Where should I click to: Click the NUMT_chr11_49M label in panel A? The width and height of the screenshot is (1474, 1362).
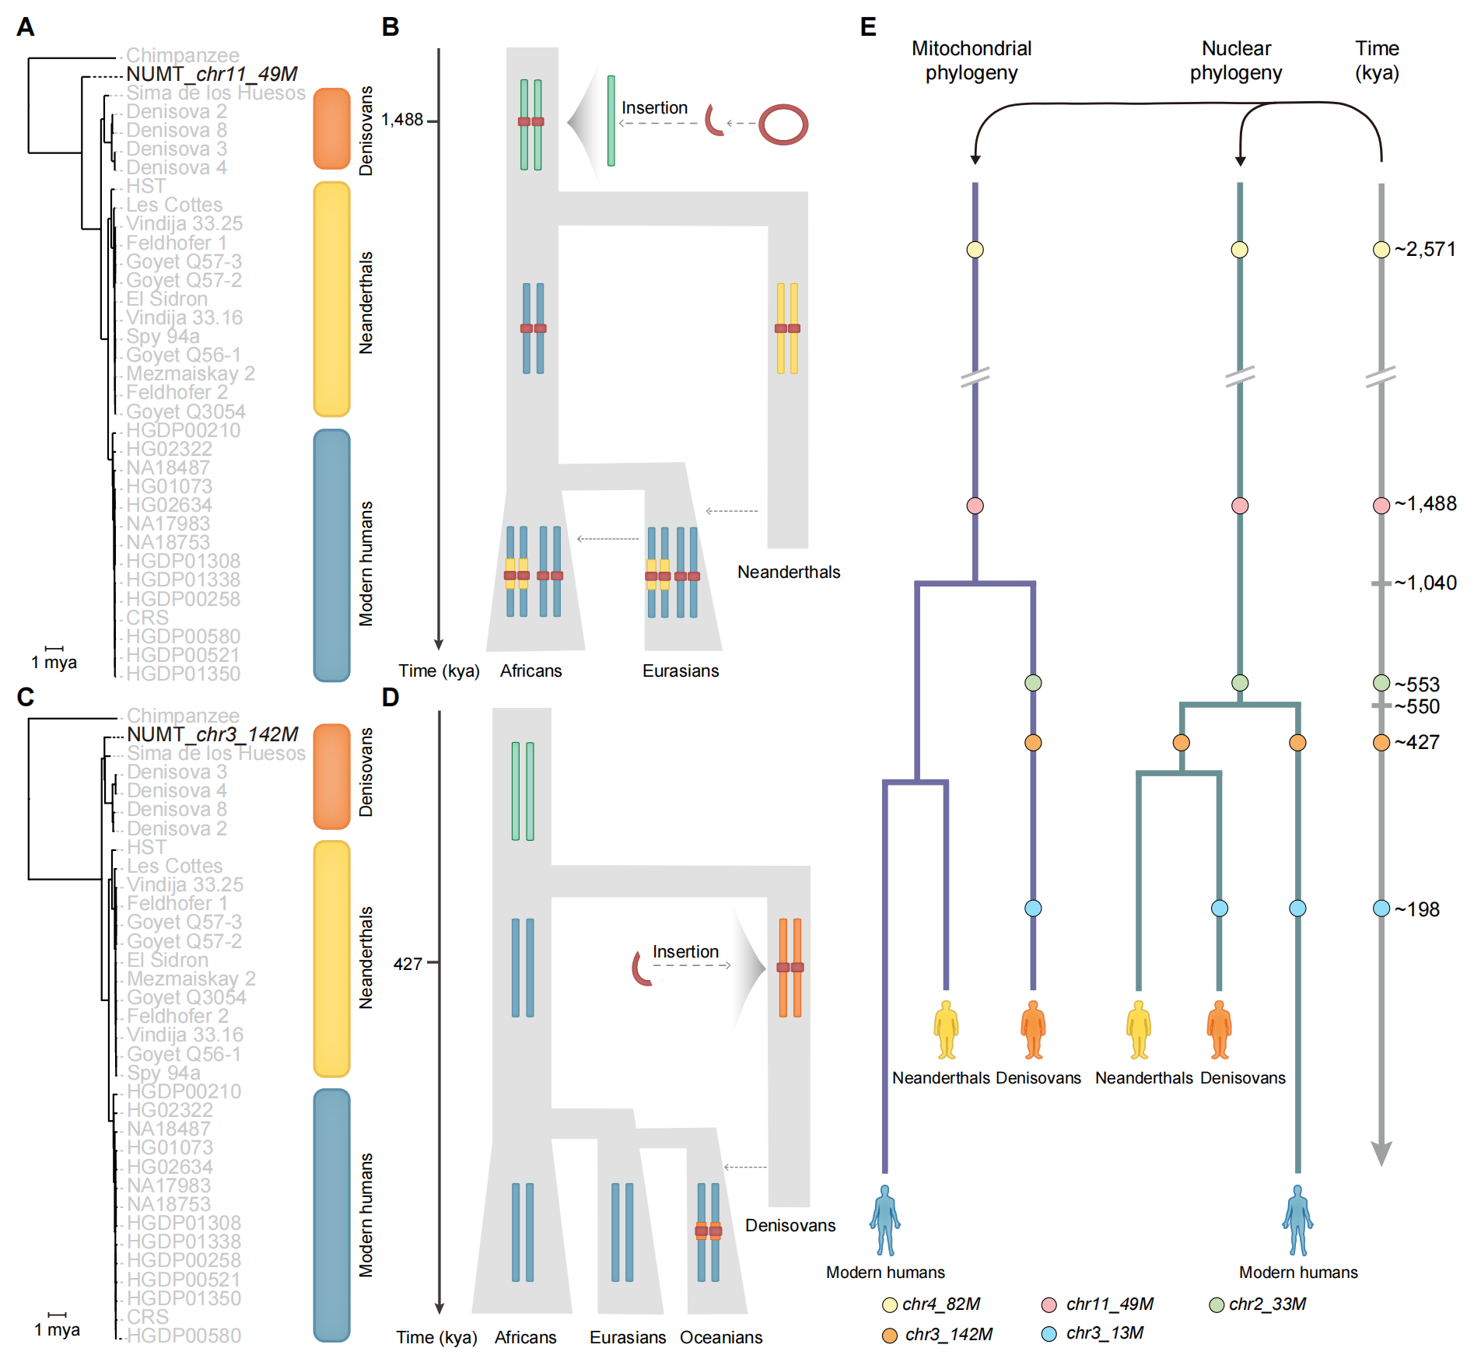click(x=212, y=74)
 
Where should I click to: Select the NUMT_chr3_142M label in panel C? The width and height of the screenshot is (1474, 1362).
click(x=212, y=734)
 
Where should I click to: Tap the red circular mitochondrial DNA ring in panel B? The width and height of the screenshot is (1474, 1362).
click(x=783, y=124)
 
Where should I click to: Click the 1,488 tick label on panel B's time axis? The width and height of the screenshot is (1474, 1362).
click(x=402, y=120)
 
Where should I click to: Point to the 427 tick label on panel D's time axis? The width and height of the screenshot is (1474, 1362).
click(x=408, y=964)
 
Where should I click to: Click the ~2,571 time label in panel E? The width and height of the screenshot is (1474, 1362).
click(x=1424, y=250)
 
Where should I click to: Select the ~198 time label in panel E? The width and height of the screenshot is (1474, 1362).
click(x=1416, y=909)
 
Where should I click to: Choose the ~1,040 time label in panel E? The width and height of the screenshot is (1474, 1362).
click(x=1425, y=583)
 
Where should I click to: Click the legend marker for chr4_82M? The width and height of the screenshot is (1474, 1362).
click(x=890, y=1304)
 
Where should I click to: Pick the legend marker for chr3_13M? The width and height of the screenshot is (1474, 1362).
click(x=1049, y=1334)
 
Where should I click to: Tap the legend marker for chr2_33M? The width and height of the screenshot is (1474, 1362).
click(x=1217, y=1304)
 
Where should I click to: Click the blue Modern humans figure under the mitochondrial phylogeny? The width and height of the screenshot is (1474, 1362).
click(x=885, y=1220)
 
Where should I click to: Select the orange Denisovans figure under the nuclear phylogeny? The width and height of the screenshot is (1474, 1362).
click(x=1219, y=1030)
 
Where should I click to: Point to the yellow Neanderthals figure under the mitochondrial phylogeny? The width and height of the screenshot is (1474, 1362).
click(x=946, y=1030)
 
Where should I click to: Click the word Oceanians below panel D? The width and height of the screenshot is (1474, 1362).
click(x=721, y=1337)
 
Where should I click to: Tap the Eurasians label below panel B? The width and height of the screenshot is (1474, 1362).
click(x=681, y=670)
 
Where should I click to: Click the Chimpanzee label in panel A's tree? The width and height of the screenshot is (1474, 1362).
click(x=183, y=55)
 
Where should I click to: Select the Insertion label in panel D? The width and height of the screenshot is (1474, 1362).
click(x=685, y=951)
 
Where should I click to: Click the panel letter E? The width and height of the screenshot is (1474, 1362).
click(x=868, y=27)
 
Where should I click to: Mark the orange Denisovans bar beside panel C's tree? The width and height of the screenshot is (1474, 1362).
click(x=332, y=776)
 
